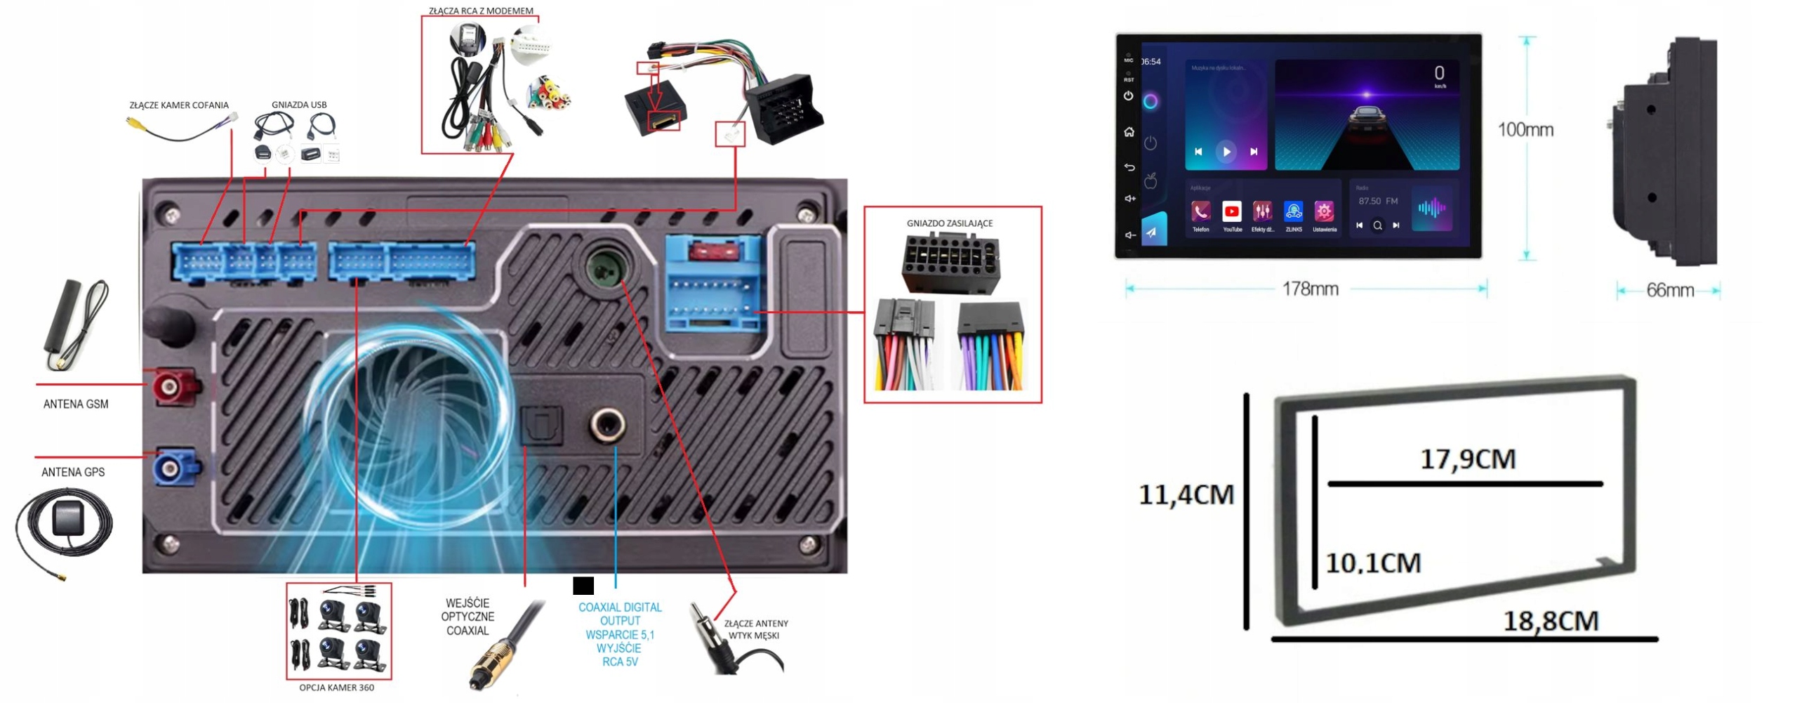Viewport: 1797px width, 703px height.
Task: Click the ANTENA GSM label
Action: click(76, 404)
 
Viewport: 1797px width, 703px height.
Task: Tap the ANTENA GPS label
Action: click(73, 472)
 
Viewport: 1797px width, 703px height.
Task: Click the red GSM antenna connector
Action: click(169, 385)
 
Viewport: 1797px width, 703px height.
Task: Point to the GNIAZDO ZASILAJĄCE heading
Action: click(949, 223)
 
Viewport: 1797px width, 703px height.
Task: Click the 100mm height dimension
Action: click(1525, 130)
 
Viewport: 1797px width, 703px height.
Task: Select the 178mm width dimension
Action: click(1310, 289)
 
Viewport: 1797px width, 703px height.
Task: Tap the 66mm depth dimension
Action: click(1670, 290)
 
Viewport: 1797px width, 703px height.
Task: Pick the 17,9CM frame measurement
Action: click(1468, 459)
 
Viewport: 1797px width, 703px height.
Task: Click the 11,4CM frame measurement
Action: click(1186, 495)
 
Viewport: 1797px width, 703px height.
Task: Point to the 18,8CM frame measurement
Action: click(1551, 621)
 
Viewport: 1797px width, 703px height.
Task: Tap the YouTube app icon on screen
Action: click(1231, 211)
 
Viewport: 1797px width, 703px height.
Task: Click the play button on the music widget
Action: click(1226, 152)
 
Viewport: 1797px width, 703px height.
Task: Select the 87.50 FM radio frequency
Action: click(1377, 202)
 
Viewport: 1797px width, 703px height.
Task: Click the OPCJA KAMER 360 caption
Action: click(336, 688)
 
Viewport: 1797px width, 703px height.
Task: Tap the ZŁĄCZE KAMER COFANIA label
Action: click(179, 105)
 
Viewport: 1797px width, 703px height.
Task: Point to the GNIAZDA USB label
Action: click(299, 105)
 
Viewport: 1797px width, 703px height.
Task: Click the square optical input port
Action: click(541, 425)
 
